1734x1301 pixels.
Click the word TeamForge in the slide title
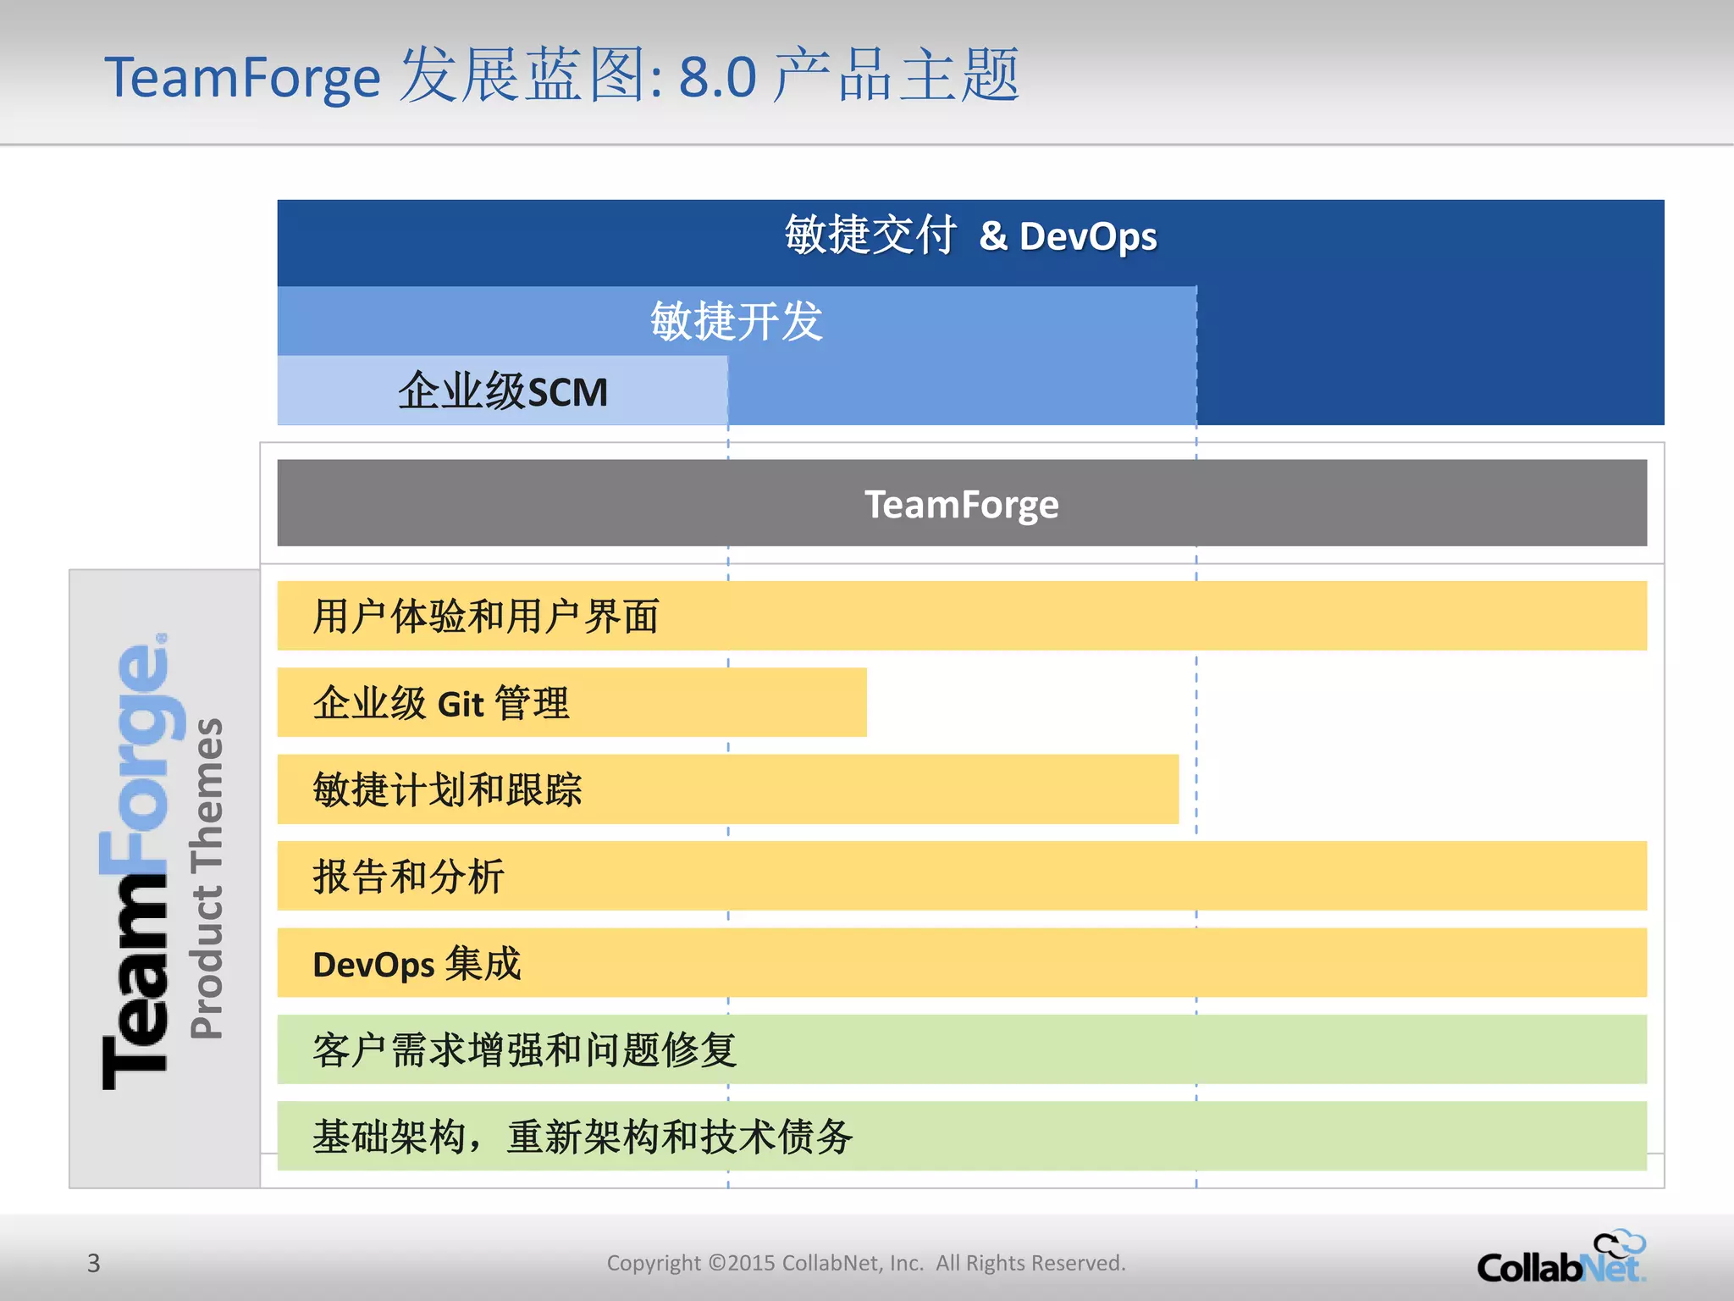(x=242, y=78)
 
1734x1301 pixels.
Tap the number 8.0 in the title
(x=717, y=78)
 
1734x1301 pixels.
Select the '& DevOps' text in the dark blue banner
(x=1068, y=236)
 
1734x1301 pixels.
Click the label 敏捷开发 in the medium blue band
(x=736, y=322)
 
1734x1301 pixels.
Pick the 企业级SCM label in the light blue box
(x=503, y=391)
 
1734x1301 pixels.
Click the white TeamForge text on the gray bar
(x=961, y=505)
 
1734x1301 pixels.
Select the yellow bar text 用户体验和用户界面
(x=485, y=616)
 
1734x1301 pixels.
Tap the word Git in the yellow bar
(x=460, y=705)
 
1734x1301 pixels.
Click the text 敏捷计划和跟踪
(x=447, y=789)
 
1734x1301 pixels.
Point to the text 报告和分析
(x=408, y=877)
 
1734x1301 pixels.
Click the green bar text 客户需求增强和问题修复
(x=524, y=1050)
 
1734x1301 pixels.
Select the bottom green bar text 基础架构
(x=389, y=1137)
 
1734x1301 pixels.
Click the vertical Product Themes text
(x=207, y=877)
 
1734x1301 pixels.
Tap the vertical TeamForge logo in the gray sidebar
(x=140, y=861)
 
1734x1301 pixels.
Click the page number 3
(x=93, y=1263)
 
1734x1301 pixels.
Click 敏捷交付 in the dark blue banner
(x=870, y=235)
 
